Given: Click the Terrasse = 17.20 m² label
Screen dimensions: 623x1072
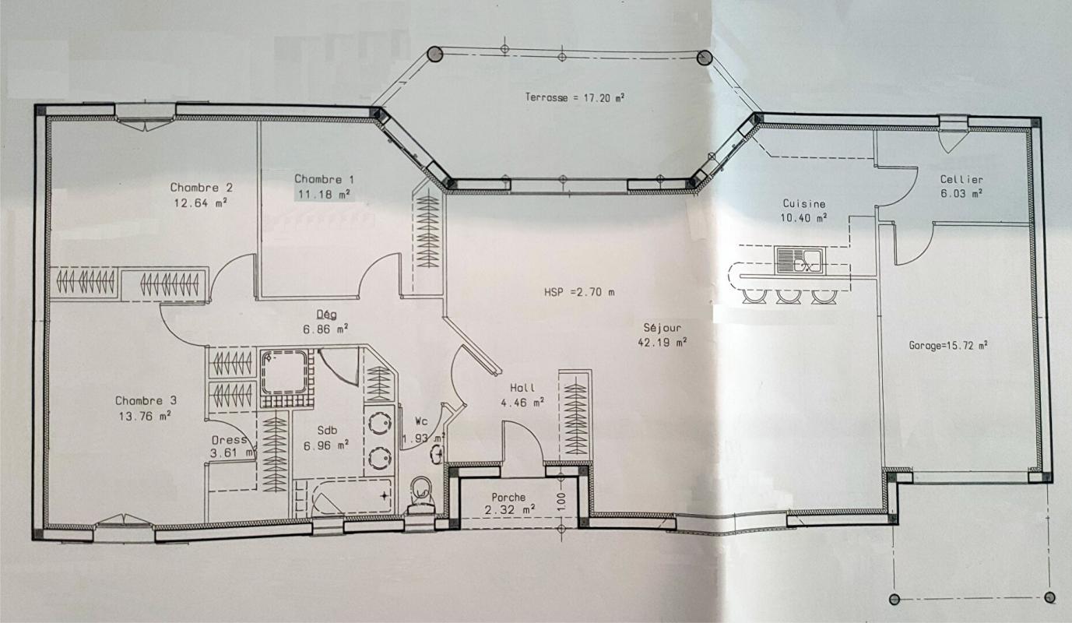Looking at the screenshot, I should coord(575,98).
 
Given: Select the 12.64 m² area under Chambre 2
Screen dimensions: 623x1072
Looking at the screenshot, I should coord(201,203).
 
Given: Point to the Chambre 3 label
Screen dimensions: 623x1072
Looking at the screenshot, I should coord(146,400).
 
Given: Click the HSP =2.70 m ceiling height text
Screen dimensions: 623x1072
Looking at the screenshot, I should coord(579,293).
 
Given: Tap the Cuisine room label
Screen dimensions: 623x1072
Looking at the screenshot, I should coord(804,204).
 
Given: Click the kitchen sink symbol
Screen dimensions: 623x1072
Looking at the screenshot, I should coord(799,260).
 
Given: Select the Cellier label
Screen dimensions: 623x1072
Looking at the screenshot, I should coord(961,179).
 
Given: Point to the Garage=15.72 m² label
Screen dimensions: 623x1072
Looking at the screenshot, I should coord(948,345).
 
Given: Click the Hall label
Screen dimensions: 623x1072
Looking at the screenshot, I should coord(522,388).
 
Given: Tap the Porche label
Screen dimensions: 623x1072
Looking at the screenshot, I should coord(508,497).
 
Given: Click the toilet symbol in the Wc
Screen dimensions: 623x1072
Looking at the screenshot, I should coord(421,493).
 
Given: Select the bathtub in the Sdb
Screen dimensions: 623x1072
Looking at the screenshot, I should coord(343,497).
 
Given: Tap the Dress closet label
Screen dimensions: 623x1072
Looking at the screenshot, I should coord(229,440).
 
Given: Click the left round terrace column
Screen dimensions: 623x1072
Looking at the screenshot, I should coord(435,54).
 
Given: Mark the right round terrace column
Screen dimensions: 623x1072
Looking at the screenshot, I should coord(705,58).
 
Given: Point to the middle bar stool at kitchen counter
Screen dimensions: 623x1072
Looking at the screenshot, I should coord(788,295).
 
